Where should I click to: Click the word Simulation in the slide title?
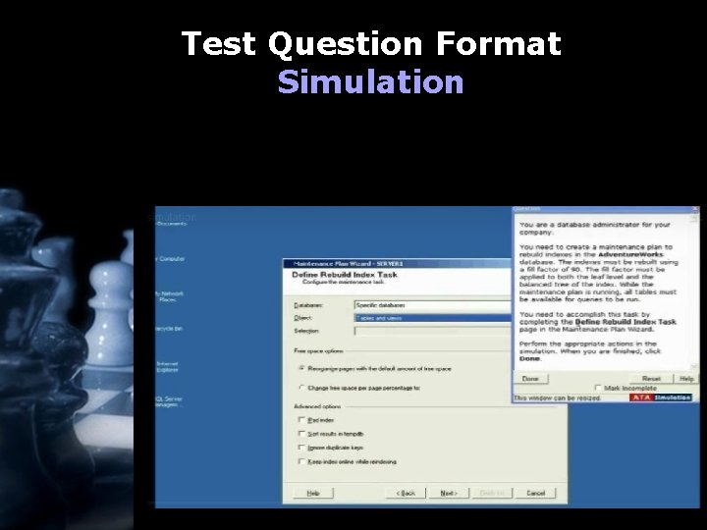370,80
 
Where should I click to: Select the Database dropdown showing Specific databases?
432,305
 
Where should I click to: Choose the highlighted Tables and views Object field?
432,318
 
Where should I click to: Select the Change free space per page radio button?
300,388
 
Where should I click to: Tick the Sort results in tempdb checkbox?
300,432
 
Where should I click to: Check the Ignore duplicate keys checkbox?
300,446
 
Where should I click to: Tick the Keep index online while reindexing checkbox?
300,459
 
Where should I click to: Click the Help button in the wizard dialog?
311,492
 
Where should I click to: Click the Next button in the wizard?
448,492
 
